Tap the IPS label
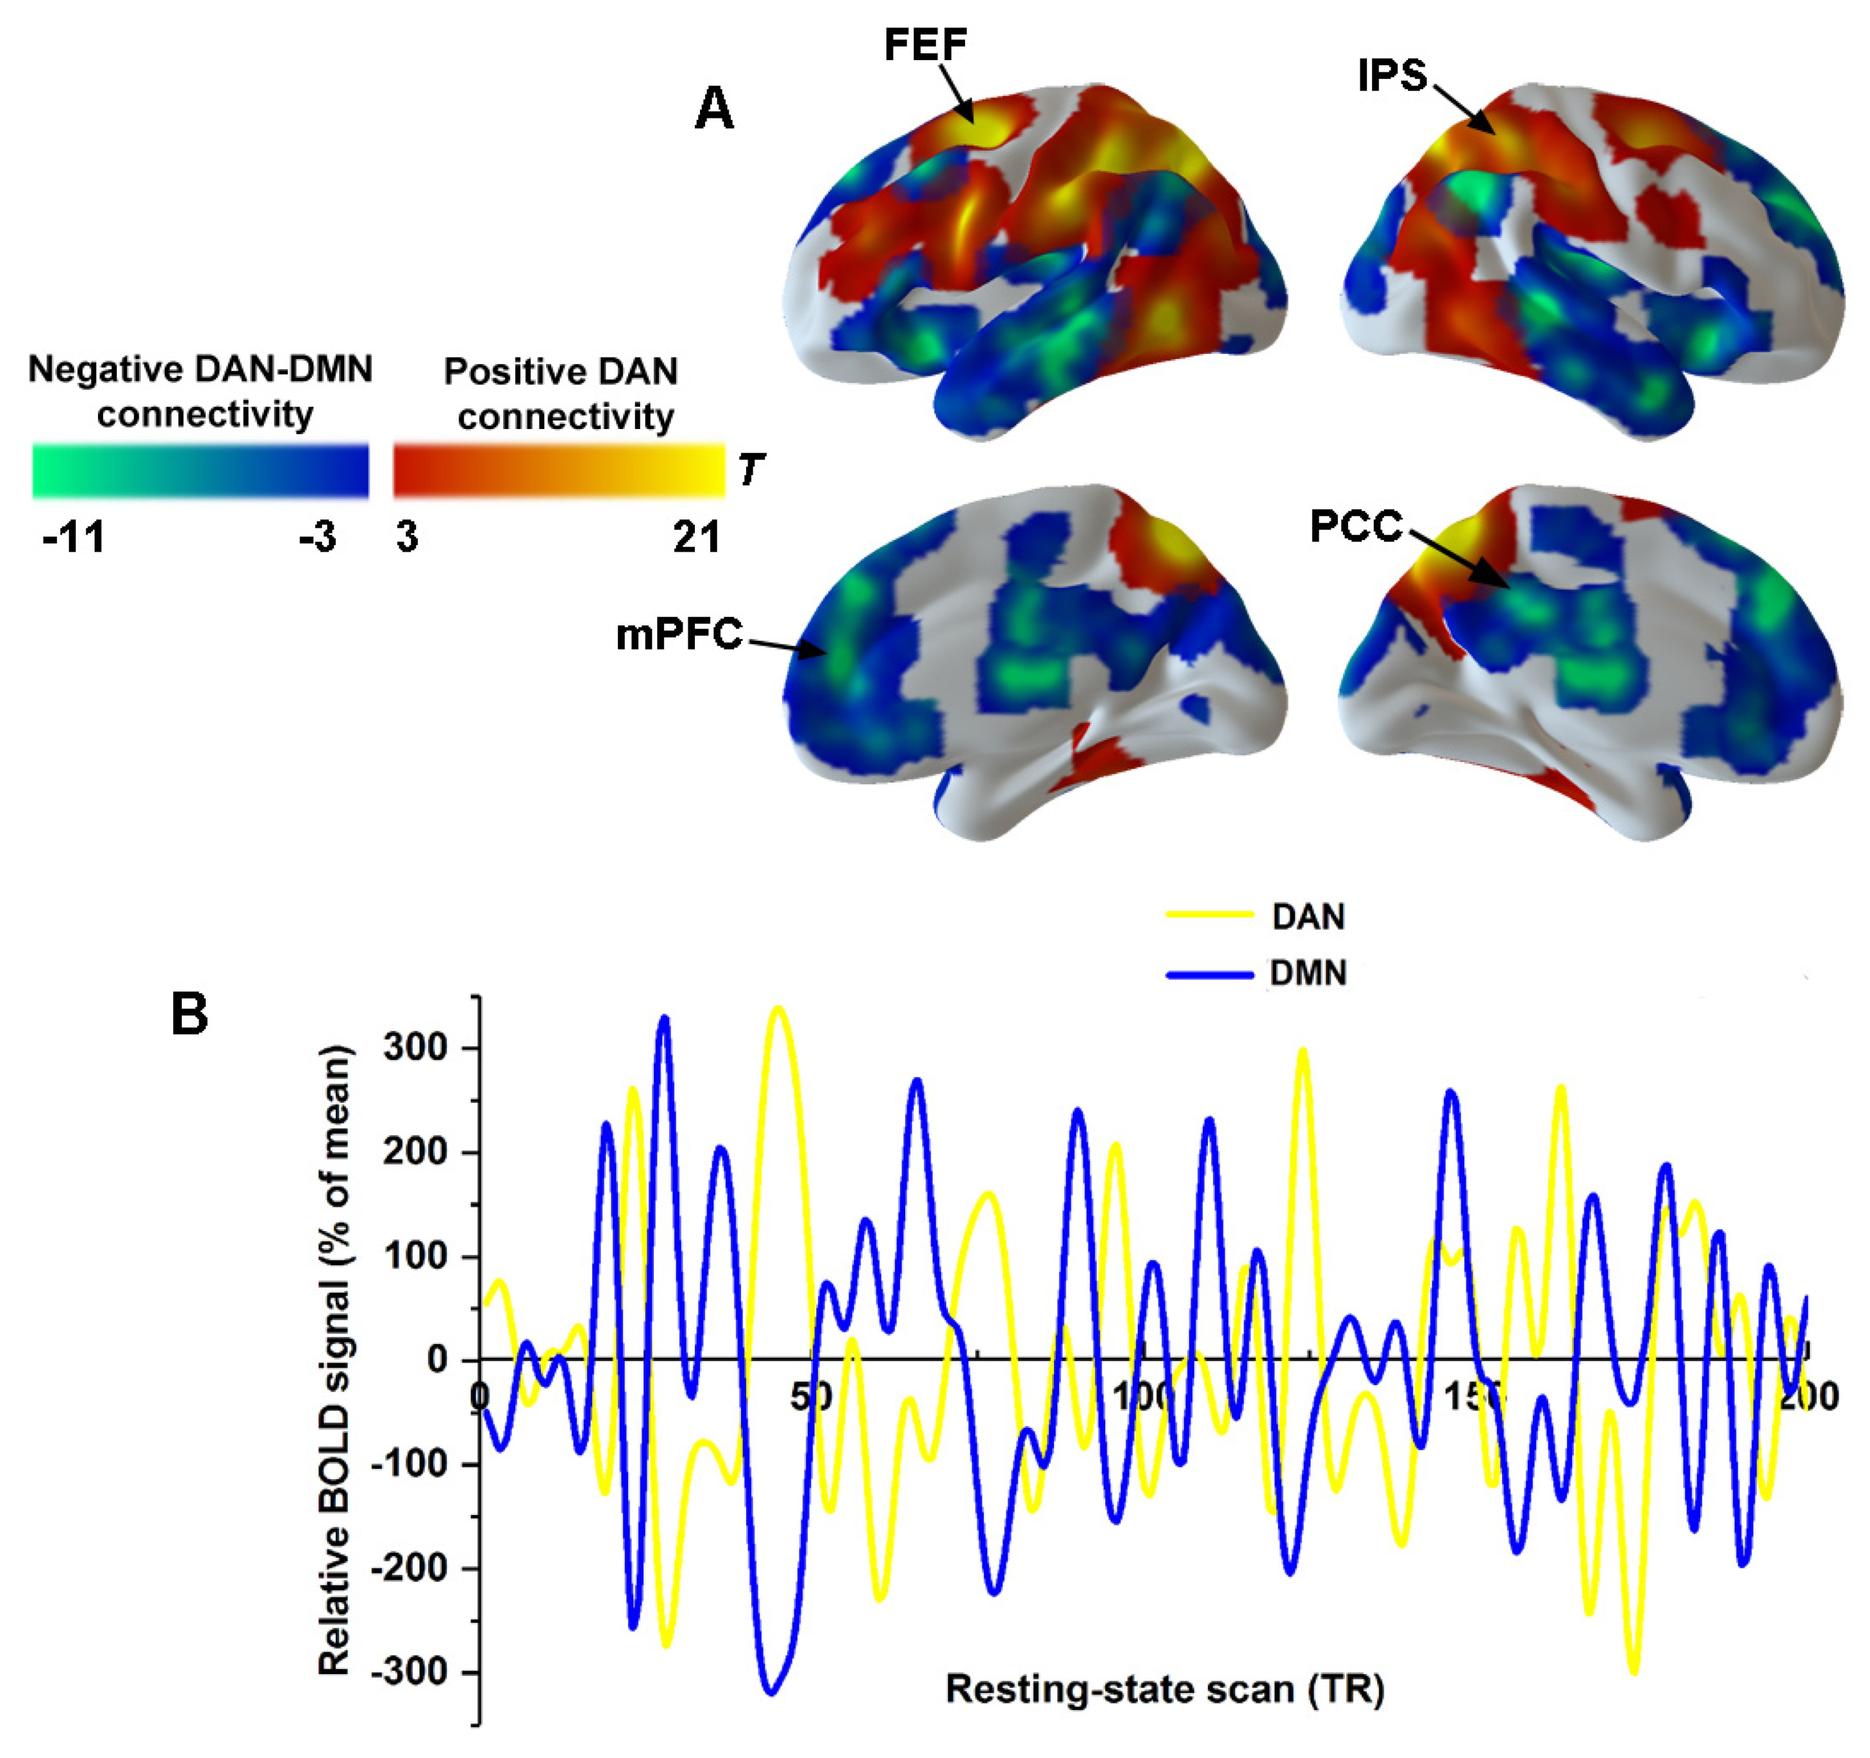click(x=1392, y=75)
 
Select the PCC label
click(x=1355, y=527)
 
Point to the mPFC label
click(x=678, y=635)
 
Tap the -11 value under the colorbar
click(x=74, y=538)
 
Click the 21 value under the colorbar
click(x=696, y=538)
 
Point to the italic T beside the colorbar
click(x=751, y=469)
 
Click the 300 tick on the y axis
click(x=415, y=1048)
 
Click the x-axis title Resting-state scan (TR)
click(x=1164, y=1689)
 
